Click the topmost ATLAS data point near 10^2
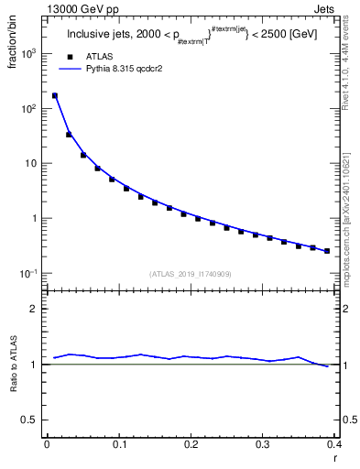(54, 95)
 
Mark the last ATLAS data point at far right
(327, 251)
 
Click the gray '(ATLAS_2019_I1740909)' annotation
(191, 274)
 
